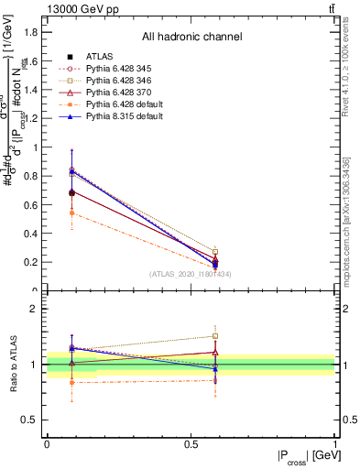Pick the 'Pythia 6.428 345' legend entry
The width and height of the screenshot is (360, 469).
(120, 69)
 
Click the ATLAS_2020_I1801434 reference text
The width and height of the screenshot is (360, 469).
(191, 274)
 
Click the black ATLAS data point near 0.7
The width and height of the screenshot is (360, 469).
(71, 192)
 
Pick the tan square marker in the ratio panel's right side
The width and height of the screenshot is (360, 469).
(215, 336)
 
